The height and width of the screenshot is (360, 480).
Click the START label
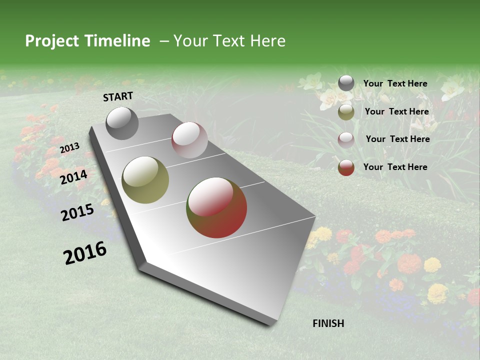pyautogui.click(x=118, y=96)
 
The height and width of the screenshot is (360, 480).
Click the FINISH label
pyautogui.click(x=328, y=323)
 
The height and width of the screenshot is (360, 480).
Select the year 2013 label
pyautogui.click(x=70, y=147)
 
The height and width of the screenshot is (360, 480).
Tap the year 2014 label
pyautogui.click(x=74, y=177)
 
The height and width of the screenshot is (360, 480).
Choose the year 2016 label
pyautogui.click(x=85, y=253)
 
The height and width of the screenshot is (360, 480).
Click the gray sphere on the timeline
pyautogui.click(x=122, y=123)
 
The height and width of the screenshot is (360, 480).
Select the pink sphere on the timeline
pyautogui.click(x=189, y=139)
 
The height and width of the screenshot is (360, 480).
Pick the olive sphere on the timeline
pyautogui.click(x=145, y=180)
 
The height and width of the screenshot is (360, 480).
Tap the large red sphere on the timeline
pyautogui.click(x=216, y=207)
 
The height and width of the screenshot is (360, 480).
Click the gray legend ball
pyautogui.click(x=346, y=83)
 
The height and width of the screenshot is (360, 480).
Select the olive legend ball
pyautogui.click(x=346, y=112)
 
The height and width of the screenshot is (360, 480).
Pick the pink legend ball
pyautogui.click(x=346, y=139)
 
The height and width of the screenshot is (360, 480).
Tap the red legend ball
pyautogui.click(x=346, y=167)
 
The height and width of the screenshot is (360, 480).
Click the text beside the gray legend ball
pyautogui.click(x=395, y=84)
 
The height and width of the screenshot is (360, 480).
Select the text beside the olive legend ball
pyautogui.click(x=396, y=112)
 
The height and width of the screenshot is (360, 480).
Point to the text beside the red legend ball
pyautogui.click(x=395, y=167)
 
